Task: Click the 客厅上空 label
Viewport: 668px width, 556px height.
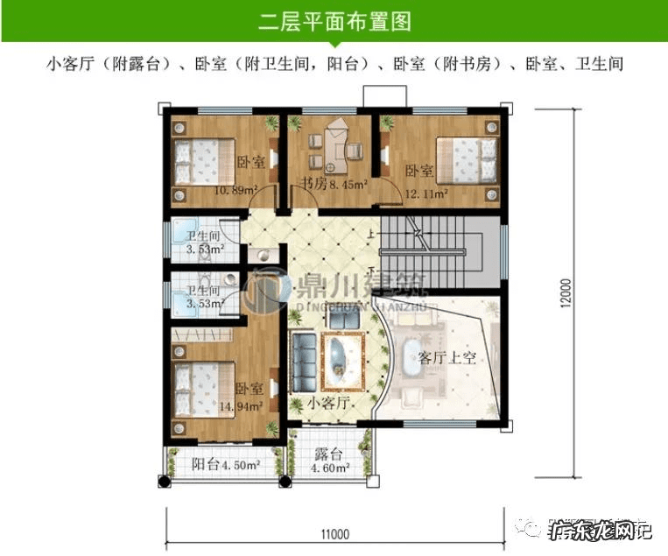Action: pyautogui.click(x=446, y=357)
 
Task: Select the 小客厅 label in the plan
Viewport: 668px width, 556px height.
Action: pyautogui.click(x=329, y=403)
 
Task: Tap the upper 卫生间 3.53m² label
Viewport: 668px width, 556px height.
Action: pyautogui.click(x=204, y=243)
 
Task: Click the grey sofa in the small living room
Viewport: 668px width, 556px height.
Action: pyautogui.click(x=305, y=363)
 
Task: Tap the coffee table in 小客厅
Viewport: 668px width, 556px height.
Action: pyautogui.click(x=339, y=359)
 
